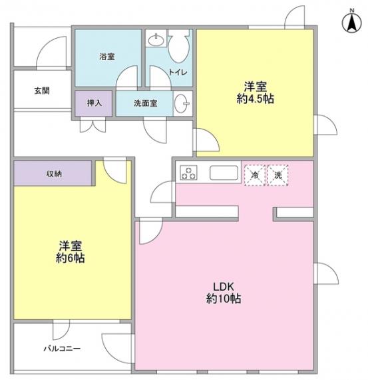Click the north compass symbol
352,21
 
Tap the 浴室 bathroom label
106,57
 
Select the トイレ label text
178,72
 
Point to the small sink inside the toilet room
156,40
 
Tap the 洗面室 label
146,103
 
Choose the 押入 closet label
94,103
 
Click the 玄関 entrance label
42,91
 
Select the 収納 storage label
54,174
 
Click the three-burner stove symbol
188,173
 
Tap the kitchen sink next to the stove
224,173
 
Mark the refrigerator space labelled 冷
255,175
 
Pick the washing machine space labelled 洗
277,175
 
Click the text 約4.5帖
256,99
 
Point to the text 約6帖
71,259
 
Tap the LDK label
224,287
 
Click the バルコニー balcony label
62,349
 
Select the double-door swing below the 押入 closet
93,125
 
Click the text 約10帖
224,299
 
